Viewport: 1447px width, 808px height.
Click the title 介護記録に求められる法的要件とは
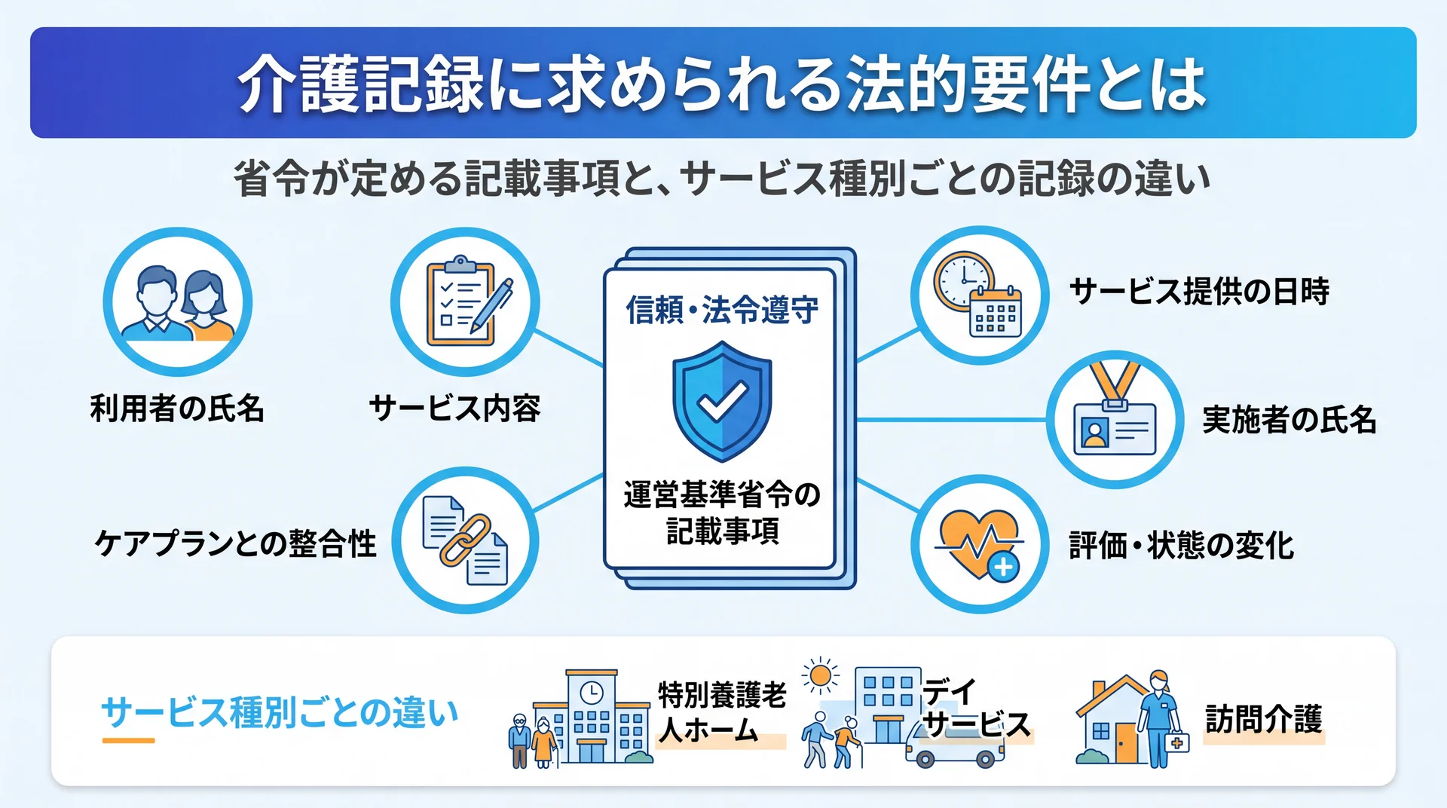[x=722, y=84]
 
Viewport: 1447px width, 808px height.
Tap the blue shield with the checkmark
[x=722, y=401]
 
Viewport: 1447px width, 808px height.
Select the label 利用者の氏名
[x=177, y=408]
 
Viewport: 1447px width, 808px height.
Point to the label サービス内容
[x=455, y=408]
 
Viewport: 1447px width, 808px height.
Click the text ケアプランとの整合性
[x=235, y=543]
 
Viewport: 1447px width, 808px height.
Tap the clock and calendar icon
[x=978, y=294]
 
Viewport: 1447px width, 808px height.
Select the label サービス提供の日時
[x=1199, y=291]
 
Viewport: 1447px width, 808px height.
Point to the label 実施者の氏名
[x=1289, y=419]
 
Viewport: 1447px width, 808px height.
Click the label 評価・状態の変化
[x=1181, y=545]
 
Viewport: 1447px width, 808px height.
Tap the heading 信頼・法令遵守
[x=722, y=309]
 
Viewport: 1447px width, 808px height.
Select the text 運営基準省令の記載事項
[x=722, y=513]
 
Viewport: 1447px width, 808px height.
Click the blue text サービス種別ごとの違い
[x=280, y=712]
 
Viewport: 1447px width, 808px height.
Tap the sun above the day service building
[x=821, y=675]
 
